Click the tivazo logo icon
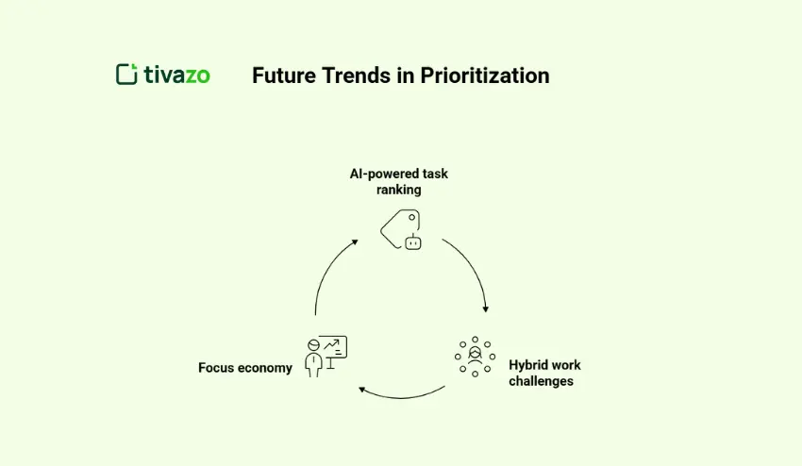(x=126, y=75)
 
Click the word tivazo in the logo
(x=177, y=75)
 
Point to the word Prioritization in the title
(x=486, y=75)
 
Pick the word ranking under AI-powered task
(x=397, y=189)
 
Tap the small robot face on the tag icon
(x=411, y=242)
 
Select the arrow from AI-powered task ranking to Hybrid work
(x=471, y=269)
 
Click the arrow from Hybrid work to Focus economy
(x=401, y=393)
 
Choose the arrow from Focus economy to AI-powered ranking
(x=326, y=274)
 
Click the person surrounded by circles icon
(x=475, y=356)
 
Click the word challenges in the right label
(x=541, y=381)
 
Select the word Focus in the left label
(x=215, y=368)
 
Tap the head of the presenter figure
(x=313, y=345)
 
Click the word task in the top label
(x=434, y=174)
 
